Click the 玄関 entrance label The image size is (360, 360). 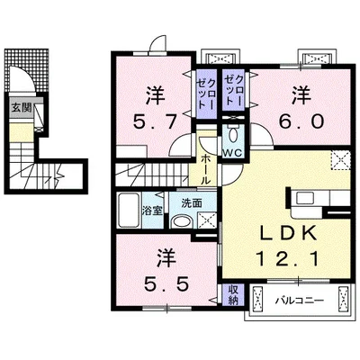pyautogui.click(x=22, y=107)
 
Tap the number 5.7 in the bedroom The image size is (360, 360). pyautogui.click(x=154, y=122)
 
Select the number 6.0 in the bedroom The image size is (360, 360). pyautogui.click(x=302, y=121)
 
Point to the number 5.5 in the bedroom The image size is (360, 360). pyautogui.click(x=166, y=283)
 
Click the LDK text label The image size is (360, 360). pyautogui.click(x=288, y=233)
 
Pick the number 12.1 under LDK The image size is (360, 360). pyautogui.click(x=287, y=259)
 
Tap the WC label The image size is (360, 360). pyautogui.click(x=232, y=153)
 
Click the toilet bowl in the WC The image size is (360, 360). pyautogui.click(x=232, y=135)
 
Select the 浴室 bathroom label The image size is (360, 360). pyautogui.click(x=152, y=211)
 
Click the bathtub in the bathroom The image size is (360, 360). pyautogui.click(x=129, y=211)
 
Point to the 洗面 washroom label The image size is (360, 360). pyautogui.click(x=192, y=203)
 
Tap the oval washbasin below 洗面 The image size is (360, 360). pyautogui.click(x=183, y=222)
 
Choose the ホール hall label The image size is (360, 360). pyautogui.click(x=205, y=169)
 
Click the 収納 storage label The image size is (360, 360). pyautogui.click(x=233, y=295)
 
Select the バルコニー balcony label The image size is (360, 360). pyautogui.click(x=300, y=300)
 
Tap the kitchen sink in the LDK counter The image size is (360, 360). pyautogui.click(x=305, y=198)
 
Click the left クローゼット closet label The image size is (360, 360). pyautogui.click(x=206, y=94)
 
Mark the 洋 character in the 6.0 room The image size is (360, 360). pyautogui.click(x=301, y=95)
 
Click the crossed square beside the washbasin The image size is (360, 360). pyautogui.click(x=207, y=220)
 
